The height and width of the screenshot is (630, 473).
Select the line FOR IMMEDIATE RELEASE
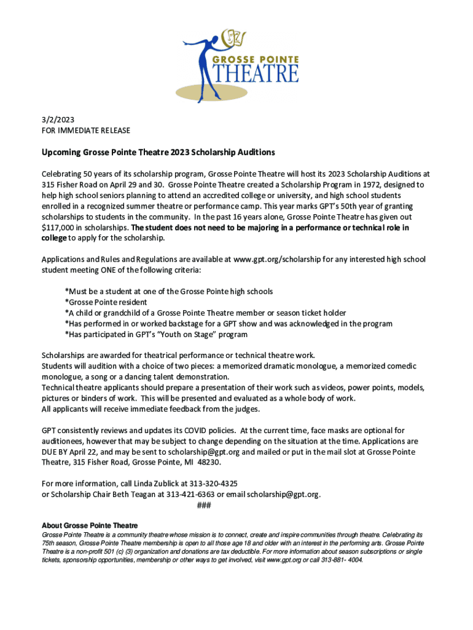pyautogui.click(x=85, y=130)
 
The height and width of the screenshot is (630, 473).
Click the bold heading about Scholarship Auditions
pyautogui.click(x=158, y=152)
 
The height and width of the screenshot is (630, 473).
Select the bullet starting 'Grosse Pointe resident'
pyautogui.click(x=106, y=302)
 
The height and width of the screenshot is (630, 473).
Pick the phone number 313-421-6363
pyautogui.click(x=181, y=494)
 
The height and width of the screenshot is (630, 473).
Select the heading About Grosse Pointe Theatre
pyautogui.click(x=89, y=525)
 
